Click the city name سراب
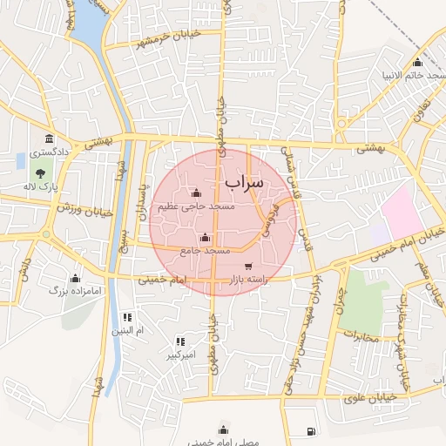coord(243,183)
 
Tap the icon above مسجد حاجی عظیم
coord(195,193)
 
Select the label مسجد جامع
coord(205,250)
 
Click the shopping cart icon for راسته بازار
coord(248,267)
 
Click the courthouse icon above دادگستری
coord(49,139)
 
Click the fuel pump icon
coord(312,432)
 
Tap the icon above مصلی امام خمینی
coord(224,429)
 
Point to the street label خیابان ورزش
coord(86,209)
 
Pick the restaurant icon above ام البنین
coord(127,317)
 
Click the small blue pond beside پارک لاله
coord(20,160)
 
